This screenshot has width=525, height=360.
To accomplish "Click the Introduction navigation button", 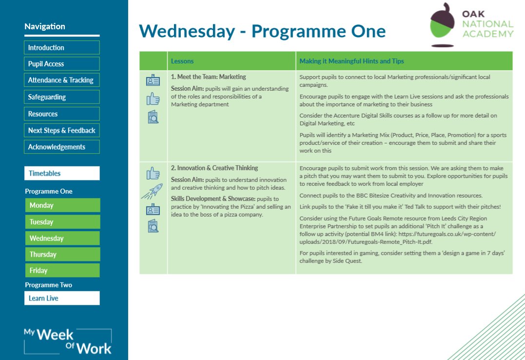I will pyautogui.click(x=61, y=47).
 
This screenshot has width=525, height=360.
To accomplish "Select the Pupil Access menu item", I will pyautogui.click(x=61, y=64).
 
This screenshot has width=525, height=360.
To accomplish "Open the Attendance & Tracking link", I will pyautogui.click(x=61, y=80).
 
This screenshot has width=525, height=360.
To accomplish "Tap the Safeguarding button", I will pyautogui.click(x=61, y=97).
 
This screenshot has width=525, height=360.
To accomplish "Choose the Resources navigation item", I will pyautogui.click(x=61, y=114).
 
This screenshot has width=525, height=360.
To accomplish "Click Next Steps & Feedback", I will pyautogui.click(x=61, y=130).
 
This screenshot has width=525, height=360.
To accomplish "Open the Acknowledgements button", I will pyautogui.click(x=61, y=147).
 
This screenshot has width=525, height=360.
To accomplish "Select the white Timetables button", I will pyautogui.click(x=62, y=173).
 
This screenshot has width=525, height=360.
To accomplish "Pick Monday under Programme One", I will pyautogui.click(x=62, y=205).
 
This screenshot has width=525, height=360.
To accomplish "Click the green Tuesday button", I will pyautogui.click(x=62, y=222).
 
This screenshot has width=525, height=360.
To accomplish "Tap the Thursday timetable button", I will pyautogui.click(x=62, y=254).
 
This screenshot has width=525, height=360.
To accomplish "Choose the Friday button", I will pyautogui.click(x=62, y=270).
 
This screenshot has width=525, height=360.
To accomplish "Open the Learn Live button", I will pyautogui.click(x=62, y=298).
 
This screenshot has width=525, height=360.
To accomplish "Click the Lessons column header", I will pyautogui.click(x=182, y=61).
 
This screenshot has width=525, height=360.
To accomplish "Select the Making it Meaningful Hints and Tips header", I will pyautogui.click(x=351, y=61).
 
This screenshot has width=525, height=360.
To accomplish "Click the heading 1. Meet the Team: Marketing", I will pyautogui.click(x=208, y=77).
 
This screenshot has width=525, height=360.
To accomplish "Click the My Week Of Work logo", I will pyautogui.click(x=68, y=341).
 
